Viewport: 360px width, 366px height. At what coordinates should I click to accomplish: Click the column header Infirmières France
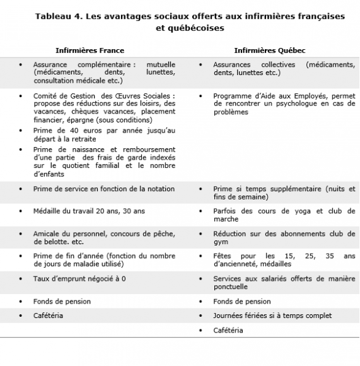(90, 50)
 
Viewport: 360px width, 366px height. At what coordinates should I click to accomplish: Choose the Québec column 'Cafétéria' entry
(228, 330)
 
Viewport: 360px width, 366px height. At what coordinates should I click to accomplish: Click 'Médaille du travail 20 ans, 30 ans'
(89, 211)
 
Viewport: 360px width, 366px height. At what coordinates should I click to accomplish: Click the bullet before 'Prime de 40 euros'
(21, 131)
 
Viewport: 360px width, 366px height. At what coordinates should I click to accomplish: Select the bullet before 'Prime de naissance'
(21, 150)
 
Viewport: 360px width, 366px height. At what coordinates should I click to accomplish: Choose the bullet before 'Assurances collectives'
(200, 64)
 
